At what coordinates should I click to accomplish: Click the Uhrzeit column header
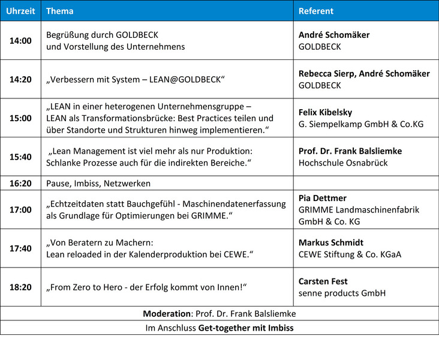pyautogui.click(x=20, y=11)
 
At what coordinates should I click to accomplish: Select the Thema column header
pyautogui.click(x=60, y=11)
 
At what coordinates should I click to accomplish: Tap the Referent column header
pyautogui.click(x=316, y=11)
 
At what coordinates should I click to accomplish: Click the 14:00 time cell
pyautogui.click(x=20, y=41)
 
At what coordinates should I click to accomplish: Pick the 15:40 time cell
pyautogui.click(x=20, y=157)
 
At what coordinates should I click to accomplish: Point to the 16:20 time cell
pyautogui.click(x=20, y=183)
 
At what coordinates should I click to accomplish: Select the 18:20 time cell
pyautogui.click(x=20, y=287)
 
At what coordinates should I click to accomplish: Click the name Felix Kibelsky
pyautogui.click(x=326, y=112)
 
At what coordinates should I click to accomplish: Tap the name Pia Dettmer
pyautogui.click(x=323, y=198)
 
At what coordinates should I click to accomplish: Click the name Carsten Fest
pyautogui.click(x=323, y=281)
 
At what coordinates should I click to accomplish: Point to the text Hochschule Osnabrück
pyautogui.click(x=343, y=163)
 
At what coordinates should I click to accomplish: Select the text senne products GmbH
pyautogui.click(x=342, y=293)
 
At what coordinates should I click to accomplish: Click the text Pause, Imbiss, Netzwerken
pyautogui.click(x=98, y=183)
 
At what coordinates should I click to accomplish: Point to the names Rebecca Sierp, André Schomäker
pyautogui.click(x=364, y=73)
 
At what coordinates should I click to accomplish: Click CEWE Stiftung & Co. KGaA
pyautogui.click(x=350, y=254)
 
